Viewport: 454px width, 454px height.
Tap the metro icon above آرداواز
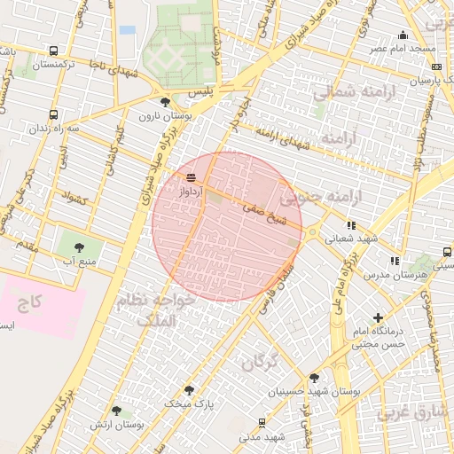(192, 177)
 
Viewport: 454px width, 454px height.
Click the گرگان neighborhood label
(258, 361)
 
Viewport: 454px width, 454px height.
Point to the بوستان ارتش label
(115, 426)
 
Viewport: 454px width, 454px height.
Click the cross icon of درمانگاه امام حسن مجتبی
(379, 317)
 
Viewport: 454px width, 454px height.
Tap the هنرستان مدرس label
(394, 276)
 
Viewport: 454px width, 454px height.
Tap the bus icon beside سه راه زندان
(54, 114)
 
